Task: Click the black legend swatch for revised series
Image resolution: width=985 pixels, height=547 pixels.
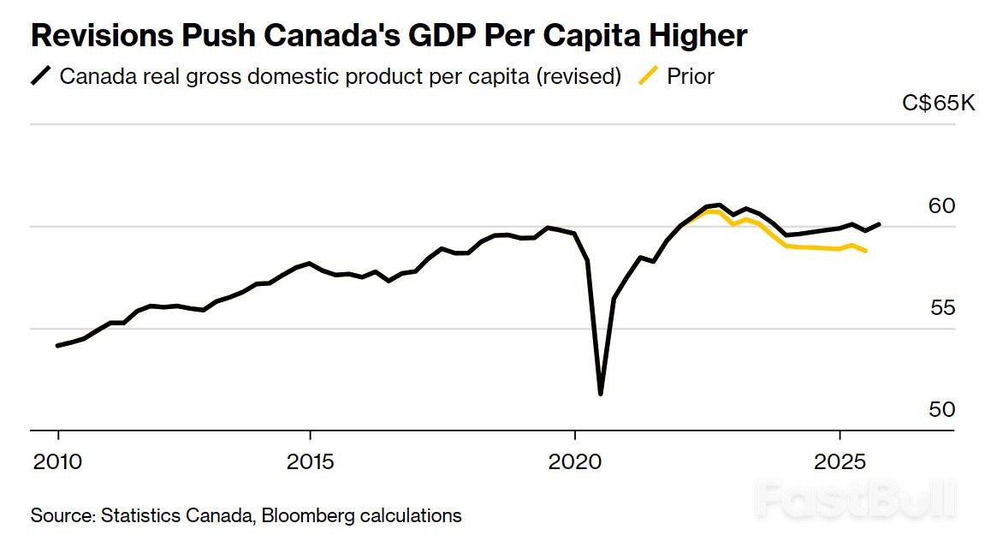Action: point(41,76)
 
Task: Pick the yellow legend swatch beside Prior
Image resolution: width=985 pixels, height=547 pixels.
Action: point(650,76)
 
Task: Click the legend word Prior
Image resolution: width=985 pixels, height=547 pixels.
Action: point(690,76)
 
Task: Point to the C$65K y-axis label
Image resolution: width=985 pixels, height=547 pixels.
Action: point(938,104)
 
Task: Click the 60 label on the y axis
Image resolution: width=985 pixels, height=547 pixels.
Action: point(940,206)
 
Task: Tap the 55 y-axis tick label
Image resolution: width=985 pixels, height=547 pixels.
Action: point(941,308)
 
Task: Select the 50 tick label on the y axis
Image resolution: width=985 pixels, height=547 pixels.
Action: point(940,410)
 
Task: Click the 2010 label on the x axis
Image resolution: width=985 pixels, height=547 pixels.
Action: point(57,463)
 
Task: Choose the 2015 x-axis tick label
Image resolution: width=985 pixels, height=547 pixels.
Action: point(310,463)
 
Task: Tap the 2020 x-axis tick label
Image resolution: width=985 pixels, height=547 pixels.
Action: point(574,463)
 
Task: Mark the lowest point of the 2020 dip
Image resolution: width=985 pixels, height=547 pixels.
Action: point(601,394)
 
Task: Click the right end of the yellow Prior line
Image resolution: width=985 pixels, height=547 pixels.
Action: point(866,251)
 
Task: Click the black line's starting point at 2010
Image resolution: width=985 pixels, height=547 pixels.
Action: point(57,346)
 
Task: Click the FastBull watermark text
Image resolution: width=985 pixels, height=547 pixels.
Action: point(856,497)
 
